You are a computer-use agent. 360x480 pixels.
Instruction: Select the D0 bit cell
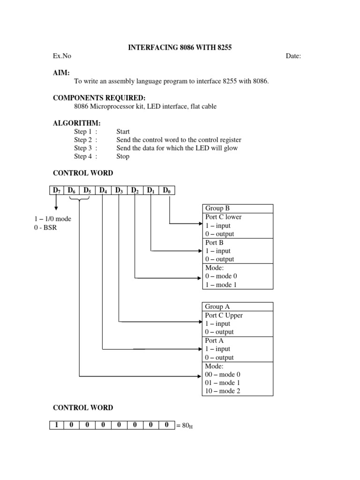(166, 190)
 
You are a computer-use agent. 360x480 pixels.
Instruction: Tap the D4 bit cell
(103, 190)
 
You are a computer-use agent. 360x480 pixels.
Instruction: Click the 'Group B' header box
(237, 209)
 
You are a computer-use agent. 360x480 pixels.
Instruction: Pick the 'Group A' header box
(237, 307)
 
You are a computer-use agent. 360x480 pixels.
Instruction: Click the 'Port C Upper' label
(224, 315)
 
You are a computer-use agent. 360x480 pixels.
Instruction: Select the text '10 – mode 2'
(223, 391)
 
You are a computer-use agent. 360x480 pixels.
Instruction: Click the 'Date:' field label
(293, 56)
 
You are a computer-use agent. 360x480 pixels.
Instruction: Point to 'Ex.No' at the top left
(62, 56)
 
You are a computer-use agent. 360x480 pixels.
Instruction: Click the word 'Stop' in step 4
(123, 157)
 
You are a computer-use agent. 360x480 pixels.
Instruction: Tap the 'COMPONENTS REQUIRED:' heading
(99, 98)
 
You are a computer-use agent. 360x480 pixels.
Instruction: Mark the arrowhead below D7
(56, 209)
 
